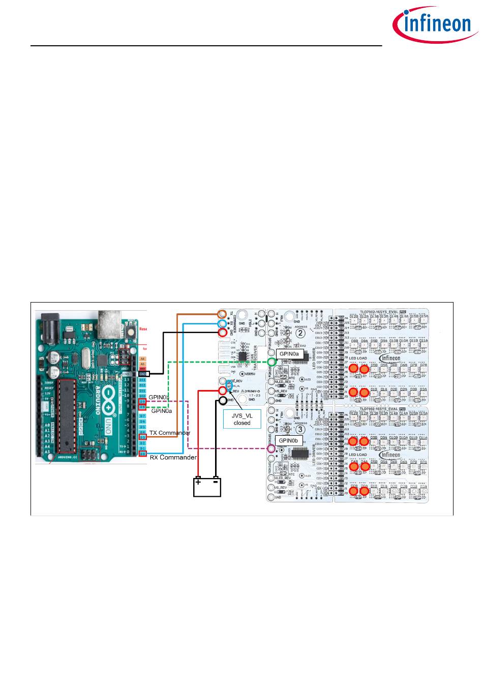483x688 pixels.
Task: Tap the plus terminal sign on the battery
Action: pos(198,482)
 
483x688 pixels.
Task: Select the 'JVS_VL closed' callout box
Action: pos(242,419)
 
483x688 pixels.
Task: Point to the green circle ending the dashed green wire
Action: pos(272,362)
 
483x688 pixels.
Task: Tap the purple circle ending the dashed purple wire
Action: pos(271,448)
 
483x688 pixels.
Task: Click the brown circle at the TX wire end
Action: pos(222,314)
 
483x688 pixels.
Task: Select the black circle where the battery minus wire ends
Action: pos(222,400)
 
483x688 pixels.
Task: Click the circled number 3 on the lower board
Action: pos(301,415)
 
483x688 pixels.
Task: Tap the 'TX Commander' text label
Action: pos(170,433)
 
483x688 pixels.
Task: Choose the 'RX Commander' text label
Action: pos(173,457)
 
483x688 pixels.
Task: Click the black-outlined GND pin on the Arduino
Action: pos(143,374)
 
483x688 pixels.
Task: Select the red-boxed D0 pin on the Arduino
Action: pos(143,454)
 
